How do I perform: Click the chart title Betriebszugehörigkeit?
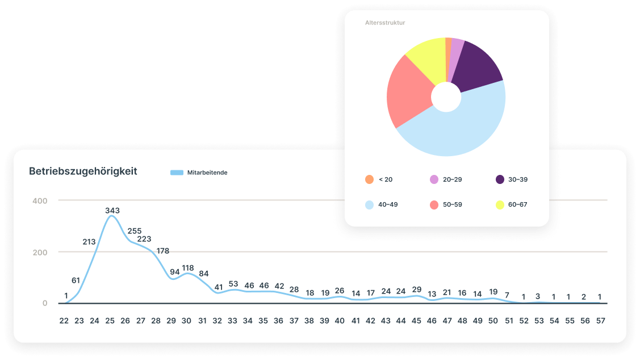tap(83, 171)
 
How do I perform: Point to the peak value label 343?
tap(112, 211)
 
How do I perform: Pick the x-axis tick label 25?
tap(110, 321)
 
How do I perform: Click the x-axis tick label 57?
tap(600, 321)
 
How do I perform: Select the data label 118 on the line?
tap(187, 268)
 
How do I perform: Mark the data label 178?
tap(162, 251)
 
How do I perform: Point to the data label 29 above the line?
tap(416, 290)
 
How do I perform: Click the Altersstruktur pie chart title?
tap(385, 23)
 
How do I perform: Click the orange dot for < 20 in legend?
tap(369, 179)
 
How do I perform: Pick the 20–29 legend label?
tap(452, 179)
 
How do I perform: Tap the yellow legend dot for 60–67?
tap(500, 204)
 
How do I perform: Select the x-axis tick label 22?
tap(64, 321)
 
